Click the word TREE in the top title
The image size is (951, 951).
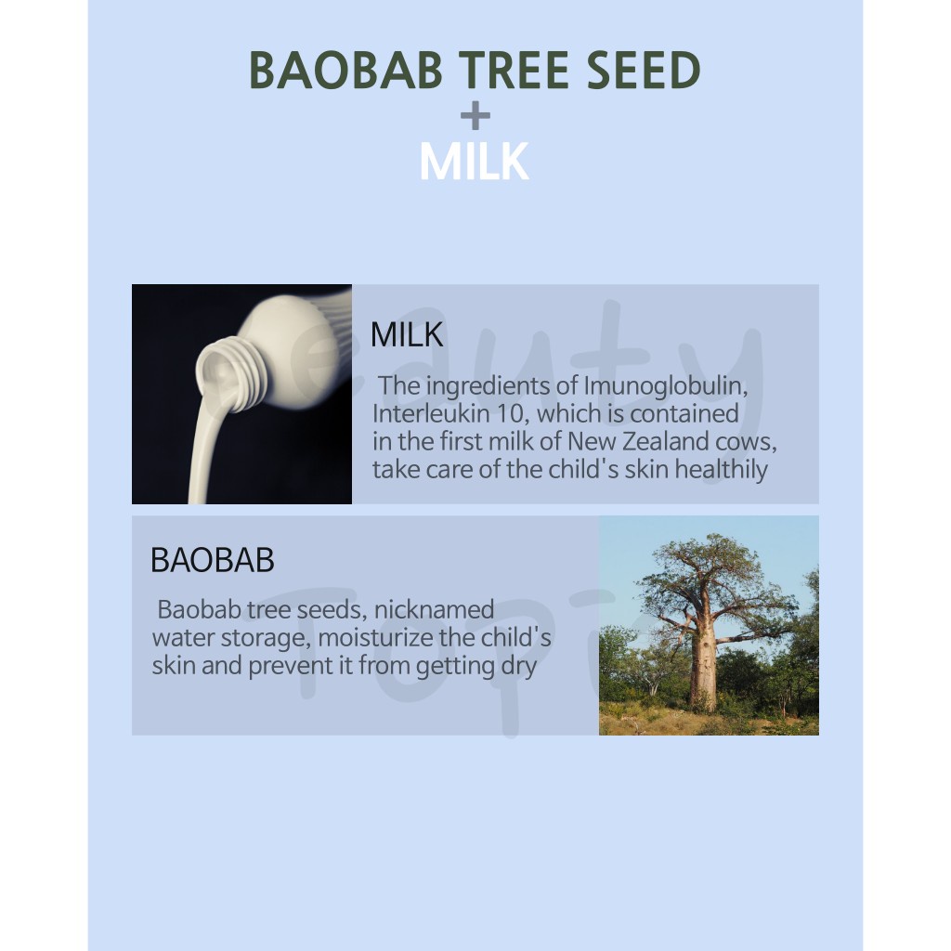[x=514, y=70]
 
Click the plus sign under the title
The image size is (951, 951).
[x=475, y=115]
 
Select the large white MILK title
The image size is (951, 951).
[x=475, y=162]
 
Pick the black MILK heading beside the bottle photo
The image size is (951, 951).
[x=407, y=334]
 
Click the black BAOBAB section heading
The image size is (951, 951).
[x=213, y=560]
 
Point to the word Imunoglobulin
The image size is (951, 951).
[x=665, y=386]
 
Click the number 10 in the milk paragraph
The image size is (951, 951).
[x=513, y=413]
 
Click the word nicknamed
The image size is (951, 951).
[x=435, y=609]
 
